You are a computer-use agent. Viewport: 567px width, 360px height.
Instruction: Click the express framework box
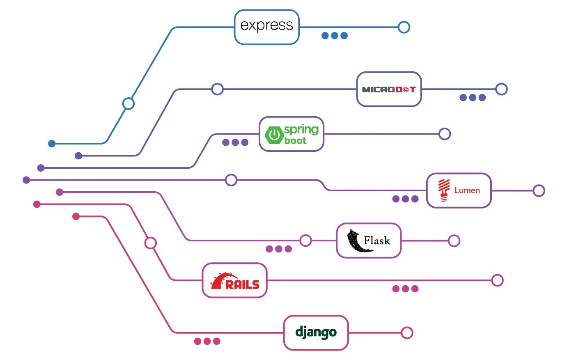click(x=266, y=27)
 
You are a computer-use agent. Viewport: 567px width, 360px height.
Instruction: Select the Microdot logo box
click(x=389, y=89)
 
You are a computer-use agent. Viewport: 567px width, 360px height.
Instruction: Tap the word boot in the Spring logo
click(x=295, y=141)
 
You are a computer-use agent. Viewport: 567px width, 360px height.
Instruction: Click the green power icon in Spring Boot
click(x=274, y=135)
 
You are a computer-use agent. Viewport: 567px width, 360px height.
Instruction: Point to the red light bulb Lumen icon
click(x=443, y=190)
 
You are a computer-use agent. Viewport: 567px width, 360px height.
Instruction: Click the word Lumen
click(x=467, y=190)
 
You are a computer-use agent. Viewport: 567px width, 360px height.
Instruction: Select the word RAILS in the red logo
click(x=243, y=284)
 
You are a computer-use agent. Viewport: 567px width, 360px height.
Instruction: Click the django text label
click(x=316, y=332)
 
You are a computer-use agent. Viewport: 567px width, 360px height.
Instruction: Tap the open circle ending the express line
click(x=404, y=27)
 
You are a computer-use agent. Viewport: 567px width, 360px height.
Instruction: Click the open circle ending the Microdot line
click(x=501, y=89)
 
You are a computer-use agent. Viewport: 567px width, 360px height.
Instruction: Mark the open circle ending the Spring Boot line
click(x=445, y=134)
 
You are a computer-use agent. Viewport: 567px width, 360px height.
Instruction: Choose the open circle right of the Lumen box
click(x=539, y=190)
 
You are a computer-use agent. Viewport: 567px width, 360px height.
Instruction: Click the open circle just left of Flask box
click(x=305, y=241)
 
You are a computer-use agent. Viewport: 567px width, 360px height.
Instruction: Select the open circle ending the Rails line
click(x=497, y=280)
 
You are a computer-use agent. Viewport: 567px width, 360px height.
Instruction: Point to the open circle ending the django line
click(x=407, y=333)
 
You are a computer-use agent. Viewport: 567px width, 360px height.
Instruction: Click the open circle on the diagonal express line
click(x=129, y=103)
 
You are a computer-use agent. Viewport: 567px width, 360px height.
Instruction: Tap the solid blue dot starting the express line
click(x=52, y=144)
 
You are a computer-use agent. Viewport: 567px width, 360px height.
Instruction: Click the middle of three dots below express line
click(x=335, y=36)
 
